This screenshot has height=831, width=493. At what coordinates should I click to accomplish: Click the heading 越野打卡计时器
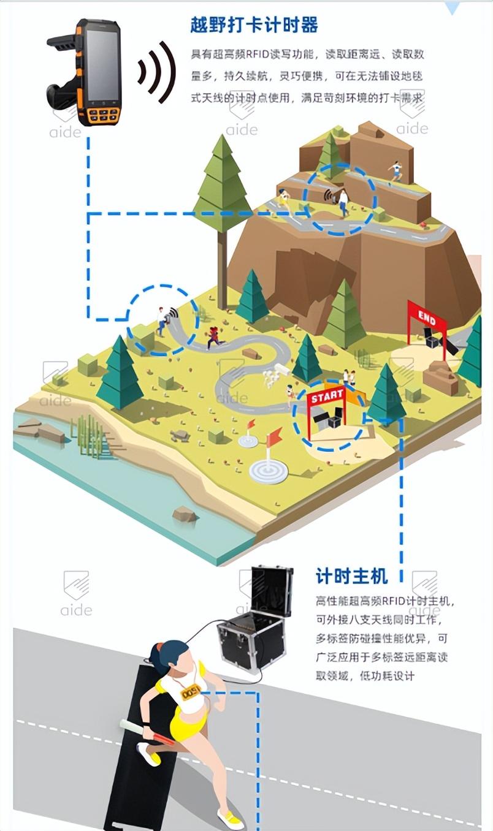[x=254, y=26]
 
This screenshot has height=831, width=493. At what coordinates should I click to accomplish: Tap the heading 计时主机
[x=351, y=575]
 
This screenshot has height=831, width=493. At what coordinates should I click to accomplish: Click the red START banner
[x=326, y=397]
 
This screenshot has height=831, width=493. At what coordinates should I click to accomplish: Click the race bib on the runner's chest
[x=192, y=692]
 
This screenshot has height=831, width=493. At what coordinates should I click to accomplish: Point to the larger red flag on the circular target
[x=273, y=437]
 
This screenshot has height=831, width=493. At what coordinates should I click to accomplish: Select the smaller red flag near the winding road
[x=250, y=424]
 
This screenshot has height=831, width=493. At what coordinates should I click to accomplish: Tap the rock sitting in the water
[x=184, y=514]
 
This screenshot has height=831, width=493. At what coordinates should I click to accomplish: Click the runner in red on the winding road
[x=213, y=336]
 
